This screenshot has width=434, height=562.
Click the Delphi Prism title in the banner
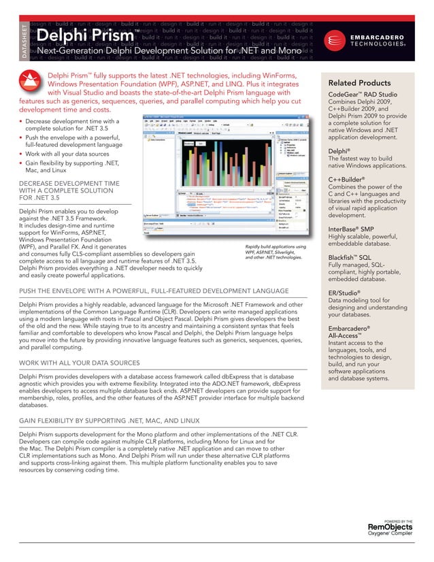point(81,35)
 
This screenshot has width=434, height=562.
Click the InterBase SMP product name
point(350,229)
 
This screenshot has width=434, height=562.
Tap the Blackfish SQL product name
point(349,258)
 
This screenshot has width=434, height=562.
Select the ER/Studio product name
point(344,293)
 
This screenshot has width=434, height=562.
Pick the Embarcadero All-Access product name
point(348,333)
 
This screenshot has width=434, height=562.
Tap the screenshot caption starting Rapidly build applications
point(276,252)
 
